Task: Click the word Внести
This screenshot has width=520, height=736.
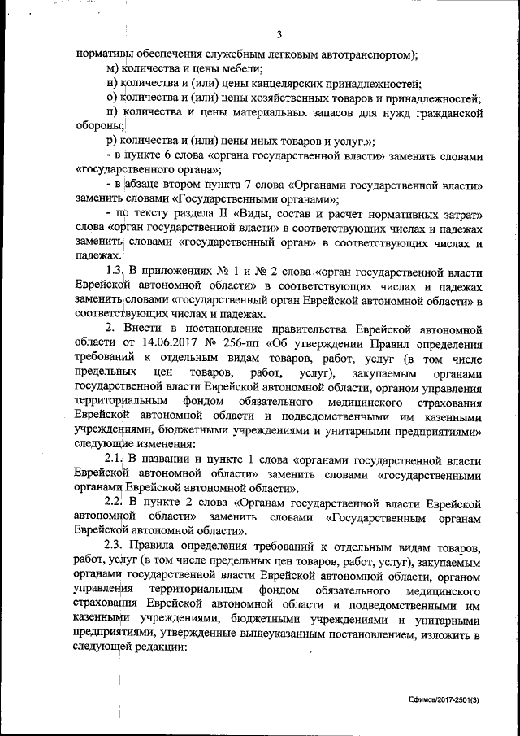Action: (x=148, y=329)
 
